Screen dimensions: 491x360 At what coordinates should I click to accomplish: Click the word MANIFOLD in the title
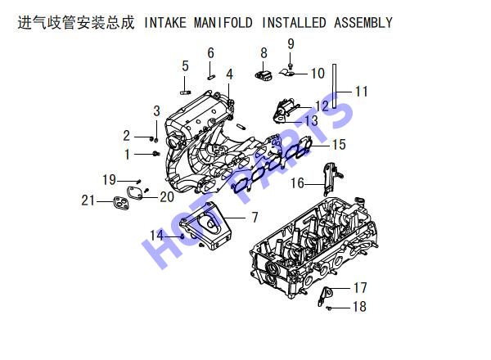point(223,23)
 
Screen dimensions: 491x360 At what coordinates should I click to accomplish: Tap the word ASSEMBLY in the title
point(363,23)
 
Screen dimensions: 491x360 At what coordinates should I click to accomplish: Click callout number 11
point(362,92)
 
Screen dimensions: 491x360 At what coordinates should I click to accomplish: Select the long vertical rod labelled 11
point(334,86)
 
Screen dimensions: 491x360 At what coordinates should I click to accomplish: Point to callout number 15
point(339,145)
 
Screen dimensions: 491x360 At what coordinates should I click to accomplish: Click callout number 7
point(255,218)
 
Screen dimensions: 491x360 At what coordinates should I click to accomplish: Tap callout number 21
point(88,200)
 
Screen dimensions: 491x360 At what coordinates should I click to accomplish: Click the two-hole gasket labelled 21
point(121,203)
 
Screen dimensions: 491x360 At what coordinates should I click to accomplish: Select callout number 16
point(298,183)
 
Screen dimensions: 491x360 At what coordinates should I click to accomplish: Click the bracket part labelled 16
point(331,178)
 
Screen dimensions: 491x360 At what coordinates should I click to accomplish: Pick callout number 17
point(360,288)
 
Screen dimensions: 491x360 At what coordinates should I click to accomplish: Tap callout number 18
point(359,307)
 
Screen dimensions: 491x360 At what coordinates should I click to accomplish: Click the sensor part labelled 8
point(264,76)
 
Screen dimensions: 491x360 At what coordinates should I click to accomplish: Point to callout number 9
point(291,44)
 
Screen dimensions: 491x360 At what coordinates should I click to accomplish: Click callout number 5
point(186,66)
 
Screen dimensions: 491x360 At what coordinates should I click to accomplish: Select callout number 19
point(110,180)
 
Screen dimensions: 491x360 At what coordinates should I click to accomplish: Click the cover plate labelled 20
point(135,193)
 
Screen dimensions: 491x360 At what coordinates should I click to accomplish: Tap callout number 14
point(156,236)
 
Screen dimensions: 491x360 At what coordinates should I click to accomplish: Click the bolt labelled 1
point(156,154)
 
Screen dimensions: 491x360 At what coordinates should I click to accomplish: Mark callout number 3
point(157,111)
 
